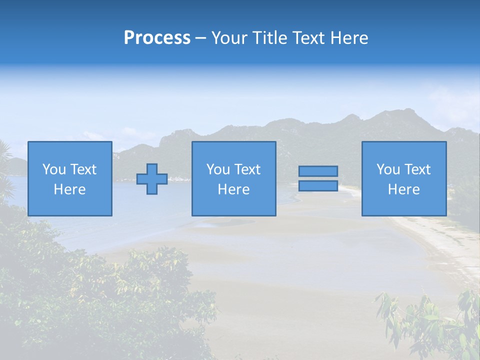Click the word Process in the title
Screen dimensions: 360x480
157,38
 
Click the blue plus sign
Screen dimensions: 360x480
152,179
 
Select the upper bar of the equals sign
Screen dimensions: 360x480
318,171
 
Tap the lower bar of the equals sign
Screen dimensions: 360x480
318,186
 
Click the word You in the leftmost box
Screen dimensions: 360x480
54,169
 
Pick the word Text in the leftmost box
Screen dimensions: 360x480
83,169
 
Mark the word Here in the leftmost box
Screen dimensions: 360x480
69,189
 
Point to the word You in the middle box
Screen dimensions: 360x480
218,169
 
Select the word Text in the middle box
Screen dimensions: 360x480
247,169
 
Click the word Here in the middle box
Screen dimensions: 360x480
233,189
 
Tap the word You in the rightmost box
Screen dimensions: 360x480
388,169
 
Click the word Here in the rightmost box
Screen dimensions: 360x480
403,189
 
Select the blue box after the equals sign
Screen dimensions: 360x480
404,205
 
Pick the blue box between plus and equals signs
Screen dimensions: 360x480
234,205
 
